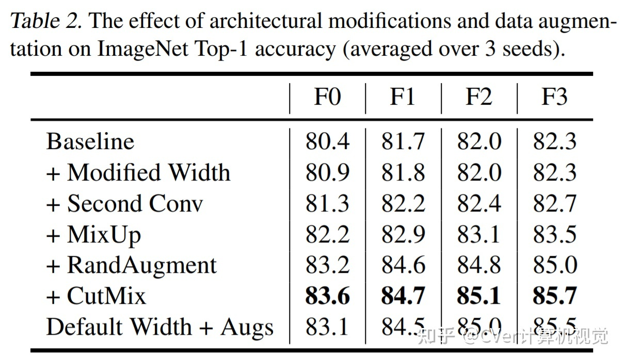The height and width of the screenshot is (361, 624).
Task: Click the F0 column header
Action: click(x=327, y=97)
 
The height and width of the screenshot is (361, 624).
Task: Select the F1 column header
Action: click(x=403, y=97)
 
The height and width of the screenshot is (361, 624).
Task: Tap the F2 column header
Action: click(x=478, y=97)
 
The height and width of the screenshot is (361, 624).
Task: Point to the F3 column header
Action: click(x=554, y=97)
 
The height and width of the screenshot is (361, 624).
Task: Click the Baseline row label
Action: click(x=90, y=141)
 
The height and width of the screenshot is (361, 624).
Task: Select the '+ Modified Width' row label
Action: click(x=138, y=172)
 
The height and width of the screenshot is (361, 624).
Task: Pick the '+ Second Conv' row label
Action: click(x=124, y=203)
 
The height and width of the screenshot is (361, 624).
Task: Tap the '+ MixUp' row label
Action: click(x=93, y=234)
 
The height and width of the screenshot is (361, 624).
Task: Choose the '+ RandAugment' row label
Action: click(x=132, y=265)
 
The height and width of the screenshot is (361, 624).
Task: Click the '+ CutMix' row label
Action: click(x=96, y=296)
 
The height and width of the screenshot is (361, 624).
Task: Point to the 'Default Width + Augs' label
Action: click(x=160, y=327)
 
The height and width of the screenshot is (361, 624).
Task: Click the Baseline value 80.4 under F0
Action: click(x=327, y=141)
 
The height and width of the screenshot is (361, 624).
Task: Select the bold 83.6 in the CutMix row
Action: click(x=327, y=296)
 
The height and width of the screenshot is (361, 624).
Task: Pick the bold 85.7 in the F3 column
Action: click(x=554, y=296)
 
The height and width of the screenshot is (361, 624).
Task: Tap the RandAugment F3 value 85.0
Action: click(x=554, y=265)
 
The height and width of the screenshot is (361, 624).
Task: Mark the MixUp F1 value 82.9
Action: click(x=403, y=234)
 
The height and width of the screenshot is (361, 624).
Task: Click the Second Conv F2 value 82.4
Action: click(x=478, y=203)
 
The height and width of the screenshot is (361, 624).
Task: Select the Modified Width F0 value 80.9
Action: click(x=327, y=172)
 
